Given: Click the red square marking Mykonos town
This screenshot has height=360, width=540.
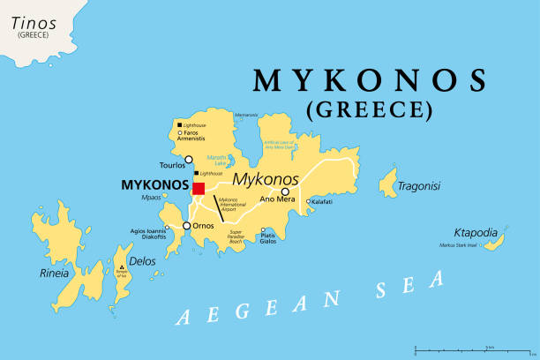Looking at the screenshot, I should pyautogui.click(x=199, y=188).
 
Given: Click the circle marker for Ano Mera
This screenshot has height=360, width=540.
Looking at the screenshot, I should pyautogui.click(x=285, y=191).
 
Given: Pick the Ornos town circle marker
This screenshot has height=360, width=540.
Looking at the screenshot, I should pyautogui.click(x=186, y=226).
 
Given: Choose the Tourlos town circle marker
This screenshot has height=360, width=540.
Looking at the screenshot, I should pyautogui.click(x=188, y=160).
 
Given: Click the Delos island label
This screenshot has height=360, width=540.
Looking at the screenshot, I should pyautogui.click(x=142, y=260).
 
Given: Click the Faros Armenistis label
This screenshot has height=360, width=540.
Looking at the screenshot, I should pyautogui.click(x=195, y=136).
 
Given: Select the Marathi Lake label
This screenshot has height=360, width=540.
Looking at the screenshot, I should pyautogui.click(x=217, y=160).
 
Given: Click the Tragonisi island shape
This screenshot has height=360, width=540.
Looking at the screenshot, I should pyautogui.click(x=387, y=184).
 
